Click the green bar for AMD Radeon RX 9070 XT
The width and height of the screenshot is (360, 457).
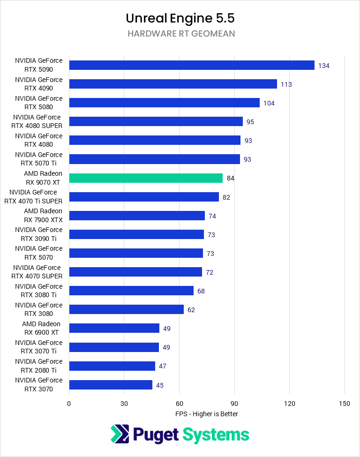146,178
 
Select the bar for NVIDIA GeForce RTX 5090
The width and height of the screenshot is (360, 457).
192,65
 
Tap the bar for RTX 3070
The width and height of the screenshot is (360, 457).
111,385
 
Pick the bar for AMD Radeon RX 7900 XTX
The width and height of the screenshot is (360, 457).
137,216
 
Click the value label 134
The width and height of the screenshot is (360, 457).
323,66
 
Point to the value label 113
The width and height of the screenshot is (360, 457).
286,84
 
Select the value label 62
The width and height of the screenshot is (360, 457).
191,310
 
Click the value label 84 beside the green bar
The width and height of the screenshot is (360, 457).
230,178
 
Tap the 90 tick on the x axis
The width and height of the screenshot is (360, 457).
234,404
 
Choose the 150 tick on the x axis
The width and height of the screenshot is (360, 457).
345,404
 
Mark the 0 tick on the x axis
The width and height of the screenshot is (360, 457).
69,404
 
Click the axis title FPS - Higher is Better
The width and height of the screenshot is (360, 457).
207,414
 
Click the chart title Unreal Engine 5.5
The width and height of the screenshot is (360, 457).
180,18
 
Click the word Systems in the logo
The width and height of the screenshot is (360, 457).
216,435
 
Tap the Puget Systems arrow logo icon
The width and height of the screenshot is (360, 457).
120,434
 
